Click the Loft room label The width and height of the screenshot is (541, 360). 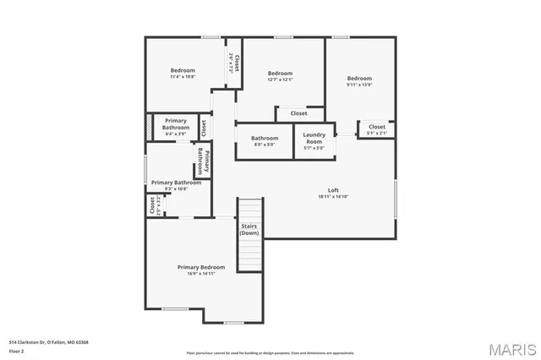click(x=333, y=190)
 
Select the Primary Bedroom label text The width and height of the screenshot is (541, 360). click(x=201, y=267)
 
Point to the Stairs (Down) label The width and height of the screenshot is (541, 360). click(x=249, y=229)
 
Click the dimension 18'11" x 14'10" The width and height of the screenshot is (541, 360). click(x=333, y=197)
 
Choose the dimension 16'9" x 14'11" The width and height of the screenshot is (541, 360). click(x=201, y=274)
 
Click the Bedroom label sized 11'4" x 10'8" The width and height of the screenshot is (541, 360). click(x=183, y=70)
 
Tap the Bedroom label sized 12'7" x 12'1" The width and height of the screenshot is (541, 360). click(x=280, y=74)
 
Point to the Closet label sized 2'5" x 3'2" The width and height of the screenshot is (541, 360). click(x=152, y=205)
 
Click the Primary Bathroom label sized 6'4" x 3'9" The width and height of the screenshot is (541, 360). click(x=176, y=124)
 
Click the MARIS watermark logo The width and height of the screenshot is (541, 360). click(x=511, y=349)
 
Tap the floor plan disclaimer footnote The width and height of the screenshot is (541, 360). click(x=270, y=353)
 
